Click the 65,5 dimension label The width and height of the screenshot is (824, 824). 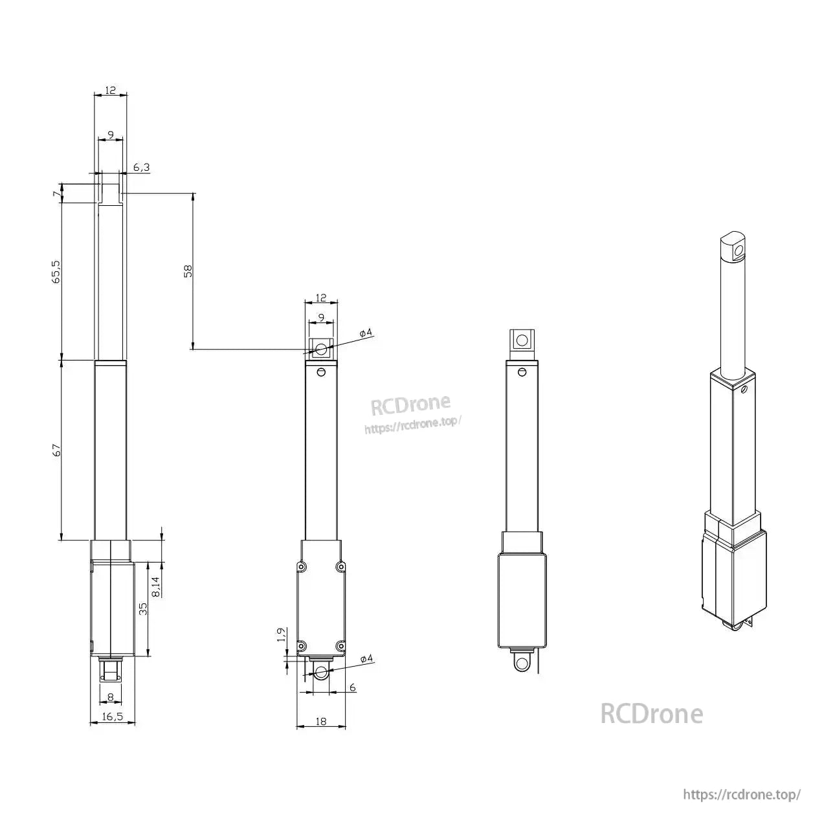[56, 272]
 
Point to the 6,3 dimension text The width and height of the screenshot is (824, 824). [141, 168]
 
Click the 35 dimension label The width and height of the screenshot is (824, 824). [144, 608]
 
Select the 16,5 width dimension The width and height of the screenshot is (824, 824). [112, 716]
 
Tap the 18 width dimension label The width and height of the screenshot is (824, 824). [320, 721]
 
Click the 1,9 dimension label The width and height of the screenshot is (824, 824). [281, 636]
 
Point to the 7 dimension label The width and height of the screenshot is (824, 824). [57, 193]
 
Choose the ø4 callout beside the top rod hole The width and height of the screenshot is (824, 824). [365, 333]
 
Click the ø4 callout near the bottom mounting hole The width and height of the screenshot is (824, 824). [366, 659]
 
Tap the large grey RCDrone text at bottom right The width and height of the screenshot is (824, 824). [651, 713]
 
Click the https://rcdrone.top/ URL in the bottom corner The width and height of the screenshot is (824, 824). [742, 794]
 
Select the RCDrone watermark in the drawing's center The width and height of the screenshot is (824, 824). [410, 405]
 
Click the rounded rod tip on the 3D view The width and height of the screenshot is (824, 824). [733, 246]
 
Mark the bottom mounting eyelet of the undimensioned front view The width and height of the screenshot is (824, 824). [520, 663]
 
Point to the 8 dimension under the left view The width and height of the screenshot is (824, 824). [110, 696]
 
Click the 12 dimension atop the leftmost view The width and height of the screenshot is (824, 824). [111, 91]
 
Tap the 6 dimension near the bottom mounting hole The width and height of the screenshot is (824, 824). [352, 687]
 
